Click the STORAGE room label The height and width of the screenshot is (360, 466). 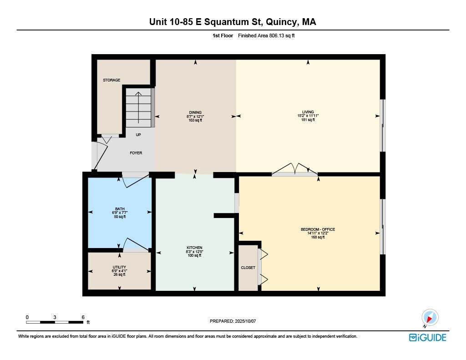[111, 80]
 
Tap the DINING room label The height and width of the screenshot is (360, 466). [195, 112]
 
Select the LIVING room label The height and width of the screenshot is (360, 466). [308, 112]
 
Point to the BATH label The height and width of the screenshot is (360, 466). [120, 209]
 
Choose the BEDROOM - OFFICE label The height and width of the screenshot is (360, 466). [318, 229]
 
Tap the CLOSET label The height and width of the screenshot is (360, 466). [248, 268]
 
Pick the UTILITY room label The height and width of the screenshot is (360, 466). [119, 267]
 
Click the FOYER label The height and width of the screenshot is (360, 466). [136, 153]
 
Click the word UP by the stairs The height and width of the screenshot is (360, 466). [138, 135]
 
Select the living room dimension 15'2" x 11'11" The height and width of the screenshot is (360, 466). [308, 116]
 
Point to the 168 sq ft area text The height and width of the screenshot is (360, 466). [318, 237]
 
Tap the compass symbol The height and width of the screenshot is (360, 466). [430, 317]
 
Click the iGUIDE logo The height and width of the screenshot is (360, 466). [427, 337]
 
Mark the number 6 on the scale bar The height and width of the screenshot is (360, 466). [83, 317]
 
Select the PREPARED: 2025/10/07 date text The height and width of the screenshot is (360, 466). [233, 321]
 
